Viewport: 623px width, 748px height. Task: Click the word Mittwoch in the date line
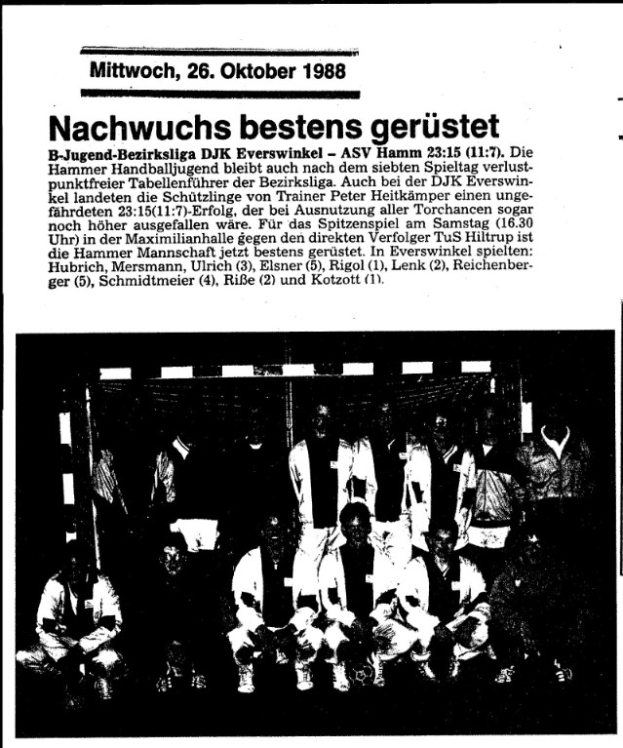[x=125, y=70]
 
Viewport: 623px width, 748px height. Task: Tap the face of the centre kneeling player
[x=354, y=525]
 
